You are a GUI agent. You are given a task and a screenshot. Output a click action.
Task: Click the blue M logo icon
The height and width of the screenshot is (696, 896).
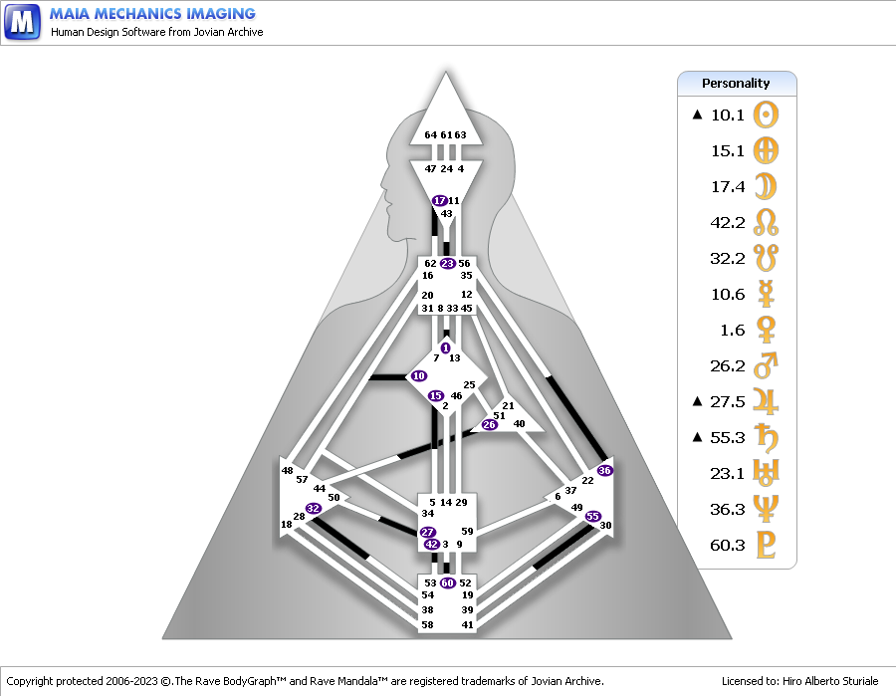[x=22, y=22]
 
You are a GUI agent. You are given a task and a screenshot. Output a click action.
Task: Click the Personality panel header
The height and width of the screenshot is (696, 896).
[x=736, y=84]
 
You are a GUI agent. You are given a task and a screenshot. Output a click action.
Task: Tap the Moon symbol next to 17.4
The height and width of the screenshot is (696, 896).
[x=766, y=186]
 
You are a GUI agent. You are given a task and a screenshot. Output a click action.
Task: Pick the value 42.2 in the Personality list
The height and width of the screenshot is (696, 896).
[x=728, y=222]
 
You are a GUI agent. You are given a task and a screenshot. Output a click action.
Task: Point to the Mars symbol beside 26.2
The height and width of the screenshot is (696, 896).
[x=766, y=365]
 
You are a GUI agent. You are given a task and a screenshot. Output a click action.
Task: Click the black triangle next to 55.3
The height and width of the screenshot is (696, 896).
[x=698, y=437]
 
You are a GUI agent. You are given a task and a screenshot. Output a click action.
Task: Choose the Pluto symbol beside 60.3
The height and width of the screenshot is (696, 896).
[x=766, y=545]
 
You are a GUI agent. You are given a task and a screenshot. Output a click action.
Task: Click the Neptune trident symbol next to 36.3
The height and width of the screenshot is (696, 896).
[x=766, y=509]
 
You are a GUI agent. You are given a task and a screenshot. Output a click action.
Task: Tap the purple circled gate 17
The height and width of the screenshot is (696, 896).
[x=439, y=201]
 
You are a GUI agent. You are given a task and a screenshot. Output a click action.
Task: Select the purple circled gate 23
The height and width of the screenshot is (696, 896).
[x=447, y=264]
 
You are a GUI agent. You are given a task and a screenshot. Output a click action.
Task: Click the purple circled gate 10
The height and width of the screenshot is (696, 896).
[x=418, y=375]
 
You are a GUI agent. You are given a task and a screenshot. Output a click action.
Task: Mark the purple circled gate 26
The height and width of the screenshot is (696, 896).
[x=489, y=425]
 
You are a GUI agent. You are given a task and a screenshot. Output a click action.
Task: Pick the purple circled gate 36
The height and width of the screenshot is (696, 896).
[x=604, y=470]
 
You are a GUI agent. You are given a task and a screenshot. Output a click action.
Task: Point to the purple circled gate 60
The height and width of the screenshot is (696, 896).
[x=447, y=582]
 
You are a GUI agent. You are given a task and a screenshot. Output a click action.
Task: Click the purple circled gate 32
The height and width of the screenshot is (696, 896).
[x=314, y=508]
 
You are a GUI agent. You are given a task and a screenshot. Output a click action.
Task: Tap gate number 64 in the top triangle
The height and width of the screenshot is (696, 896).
[x=430, y=134]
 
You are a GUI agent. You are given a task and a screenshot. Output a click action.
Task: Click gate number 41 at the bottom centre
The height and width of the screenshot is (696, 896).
[x=467, y=624]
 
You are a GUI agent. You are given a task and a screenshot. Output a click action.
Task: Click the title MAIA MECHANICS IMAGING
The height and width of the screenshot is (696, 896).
[x=152, y=14]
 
